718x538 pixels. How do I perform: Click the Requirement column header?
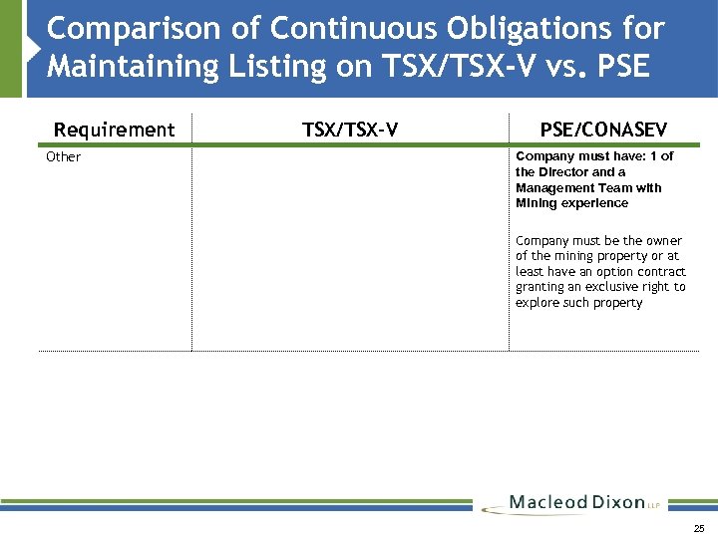tap(114, 130)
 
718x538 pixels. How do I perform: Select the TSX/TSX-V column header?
tap(350, 130)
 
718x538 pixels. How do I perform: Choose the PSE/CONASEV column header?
tap(603, 130)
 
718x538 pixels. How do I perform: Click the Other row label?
tap(64, 157)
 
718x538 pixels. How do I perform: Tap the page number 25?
tap(698, 528)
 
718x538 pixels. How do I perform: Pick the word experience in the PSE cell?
tap(597, 203)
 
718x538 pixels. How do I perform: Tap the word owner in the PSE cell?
tap(665, 241)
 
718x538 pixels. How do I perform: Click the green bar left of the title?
tap(11, 48)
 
